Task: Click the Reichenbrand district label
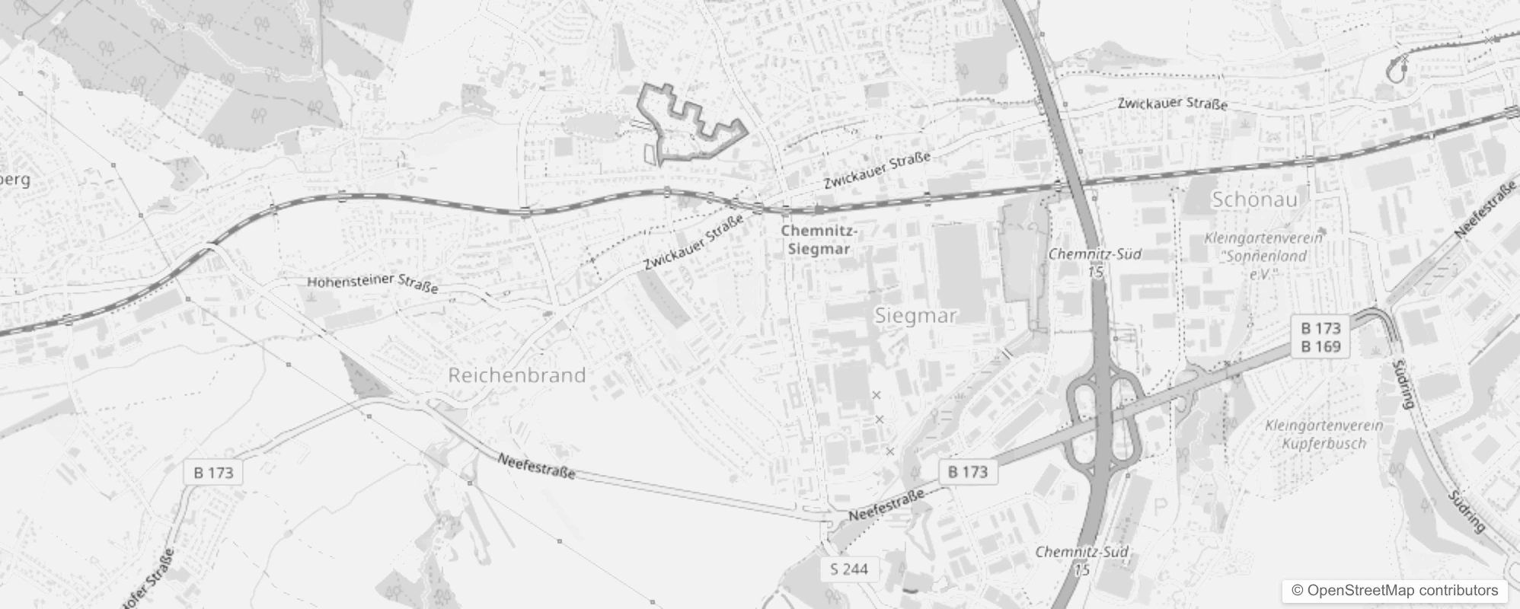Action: tap(517, 375)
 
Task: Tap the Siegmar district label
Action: tap(915, 315)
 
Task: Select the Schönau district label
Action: tap(1254, 199)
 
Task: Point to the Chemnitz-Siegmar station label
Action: tap(819, 239)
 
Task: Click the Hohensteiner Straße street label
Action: tap(372, 283)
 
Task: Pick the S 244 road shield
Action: tap(849, 569)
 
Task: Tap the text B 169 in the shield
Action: tap(1320, 347)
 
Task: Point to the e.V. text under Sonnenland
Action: tap(1262, 273)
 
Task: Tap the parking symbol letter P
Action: tap(1161, 507)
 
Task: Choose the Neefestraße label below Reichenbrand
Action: tap(536, 466)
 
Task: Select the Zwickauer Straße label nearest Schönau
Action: tap(1172, 104)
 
